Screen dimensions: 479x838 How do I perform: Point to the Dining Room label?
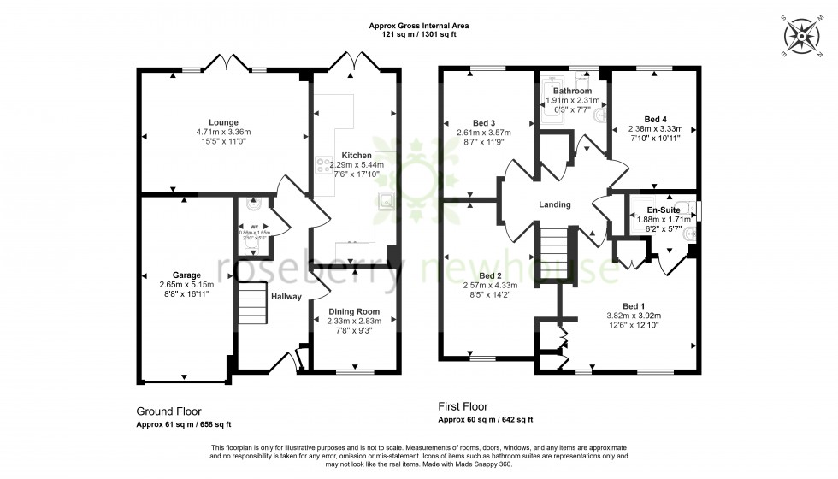[x=353, y=311]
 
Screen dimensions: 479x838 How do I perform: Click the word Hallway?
[x=286, y=297]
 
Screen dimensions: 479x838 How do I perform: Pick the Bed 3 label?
[x=485, y=122]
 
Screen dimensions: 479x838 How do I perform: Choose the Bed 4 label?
[x=654, y=119]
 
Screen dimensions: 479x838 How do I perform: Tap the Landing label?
[x=554, y=204]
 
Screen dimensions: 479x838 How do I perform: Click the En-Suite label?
[x=664, y=210]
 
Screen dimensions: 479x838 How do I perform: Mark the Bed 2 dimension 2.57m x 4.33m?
[x=490, y=286]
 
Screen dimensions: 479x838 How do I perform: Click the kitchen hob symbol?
[x=324, y=163]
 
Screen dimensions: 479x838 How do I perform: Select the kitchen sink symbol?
[x=386, y=201]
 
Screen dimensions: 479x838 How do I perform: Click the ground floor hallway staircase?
[x=252, y=303]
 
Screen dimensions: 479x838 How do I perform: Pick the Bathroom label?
[x=572, y=91]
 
